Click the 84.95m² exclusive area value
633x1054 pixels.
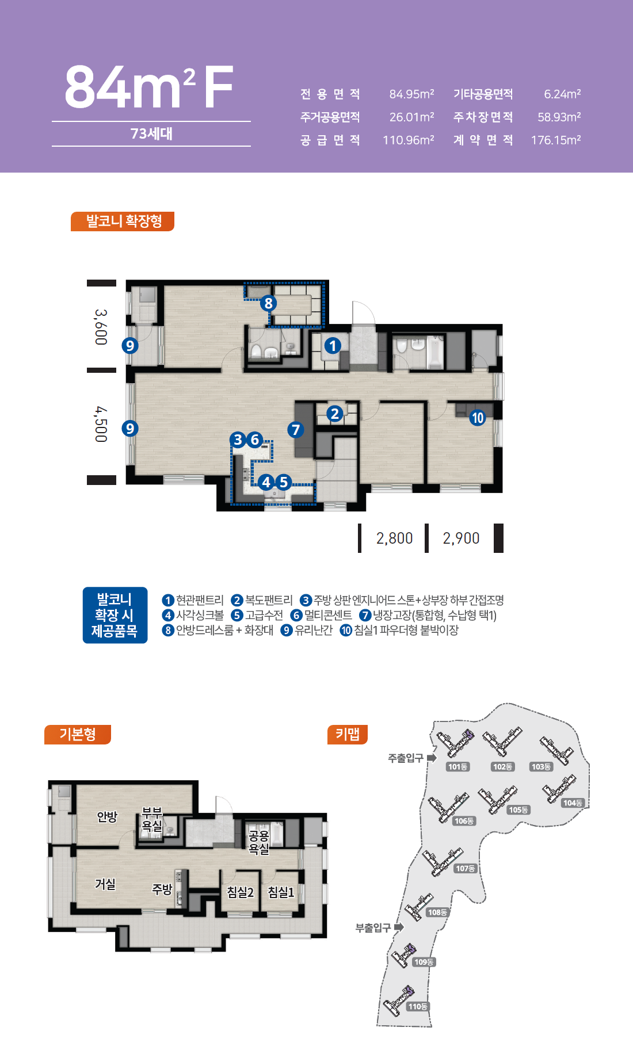tap(411, 94)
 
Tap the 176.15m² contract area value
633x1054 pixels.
tap(556, 140)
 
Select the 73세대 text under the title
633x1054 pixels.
tap(151, 133)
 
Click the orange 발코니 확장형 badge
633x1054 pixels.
tap(123, 222)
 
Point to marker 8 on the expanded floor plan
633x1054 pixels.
tap(268, 303)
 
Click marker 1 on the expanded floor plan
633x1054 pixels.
tap(332, 346)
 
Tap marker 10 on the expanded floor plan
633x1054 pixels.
tap(478, 418)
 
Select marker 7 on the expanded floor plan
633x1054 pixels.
tap(296, 430)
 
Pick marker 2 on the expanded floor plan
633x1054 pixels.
tap(335, 414)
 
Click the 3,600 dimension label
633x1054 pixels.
tap(101, 327)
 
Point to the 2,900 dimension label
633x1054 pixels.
tap(461, 539)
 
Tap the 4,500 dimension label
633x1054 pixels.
tap(101, 424)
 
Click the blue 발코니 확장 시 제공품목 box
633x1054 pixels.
tap(115, 615)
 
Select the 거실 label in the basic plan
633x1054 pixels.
tap(105, 884)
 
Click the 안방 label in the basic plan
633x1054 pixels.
tap(107, 817)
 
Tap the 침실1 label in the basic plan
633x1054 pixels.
tap(281, 892)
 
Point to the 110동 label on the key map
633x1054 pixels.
tap(418, 1006)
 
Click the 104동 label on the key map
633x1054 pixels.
tap(573, 803)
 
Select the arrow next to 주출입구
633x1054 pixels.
tap(432, 758)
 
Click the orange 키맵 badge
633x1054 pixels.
tap(348, 734)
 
